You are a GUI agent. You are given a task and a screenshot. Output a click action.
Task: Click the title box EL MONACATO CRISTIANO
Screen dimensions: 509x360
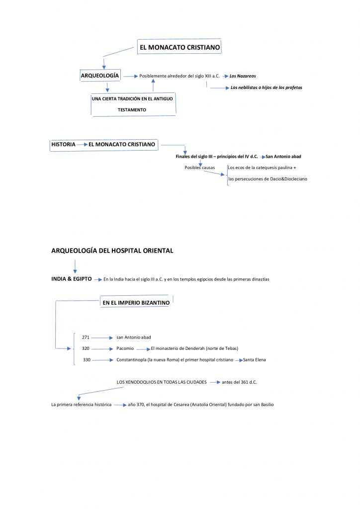[x=180, y=48]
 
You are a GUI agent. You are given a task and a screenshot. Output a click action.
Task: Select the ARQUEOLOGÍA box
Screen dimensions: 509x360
[x=100, y=76]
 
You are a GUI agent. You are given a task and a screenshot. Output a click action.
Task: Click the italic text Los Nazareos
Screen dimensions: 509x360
[x=243, y=76]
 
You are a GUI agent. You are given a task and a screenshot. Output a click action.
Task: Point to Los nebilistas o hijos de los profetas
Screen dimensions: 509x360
[x=267, y=87]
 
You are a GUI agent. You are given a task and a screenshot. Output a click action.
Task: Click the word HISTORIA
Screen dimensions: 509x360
[x=63, y=145]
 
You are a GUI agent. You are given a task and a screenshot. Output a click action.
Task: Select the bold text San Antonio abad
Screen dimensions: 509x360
[x=283, y=157]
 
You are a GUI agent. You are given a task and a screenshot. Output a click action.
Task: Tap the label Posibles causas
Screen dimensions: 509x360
[x=200, y=168]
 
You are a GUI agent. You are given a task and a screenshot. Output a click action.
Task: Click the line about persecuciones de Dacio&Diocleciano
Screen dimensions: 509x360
[x=268, y=178]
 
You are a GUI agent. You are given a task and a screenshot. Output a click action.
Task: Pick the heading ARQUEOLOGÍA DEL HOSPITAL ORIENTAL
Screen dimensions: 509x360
[x=112, y=251]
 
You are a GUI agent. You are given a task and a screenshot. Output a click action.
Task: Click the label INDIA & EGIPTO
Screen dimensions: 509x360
[x=72, y=279]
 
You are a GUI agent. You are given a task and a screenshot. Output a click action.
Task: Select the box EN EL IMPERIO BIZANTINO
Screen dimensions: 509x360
[x=136, y=302]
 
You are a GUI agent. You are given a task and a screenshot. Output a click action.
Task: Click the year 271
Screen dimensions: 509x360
[x=86, y=337]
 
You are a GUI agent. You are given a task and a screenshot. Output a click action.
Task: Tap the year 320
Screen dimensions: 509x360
[x=86, y=348]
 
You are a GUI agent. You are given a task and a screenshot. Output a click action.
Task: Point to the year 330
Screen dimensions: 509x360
[x=87, y=359]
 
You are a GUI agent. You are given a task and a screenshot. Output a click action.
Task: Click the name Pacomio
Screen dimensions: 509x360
[x=125, y=348]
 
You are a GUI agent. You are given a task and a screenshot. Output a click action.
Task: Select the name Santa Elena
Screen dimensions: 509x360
[x=254, y=359]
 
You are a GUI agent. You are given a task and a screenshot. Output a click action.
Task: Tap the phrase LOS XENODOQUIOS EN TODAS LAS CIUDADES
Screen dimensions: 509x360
[x=162, y=382]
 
